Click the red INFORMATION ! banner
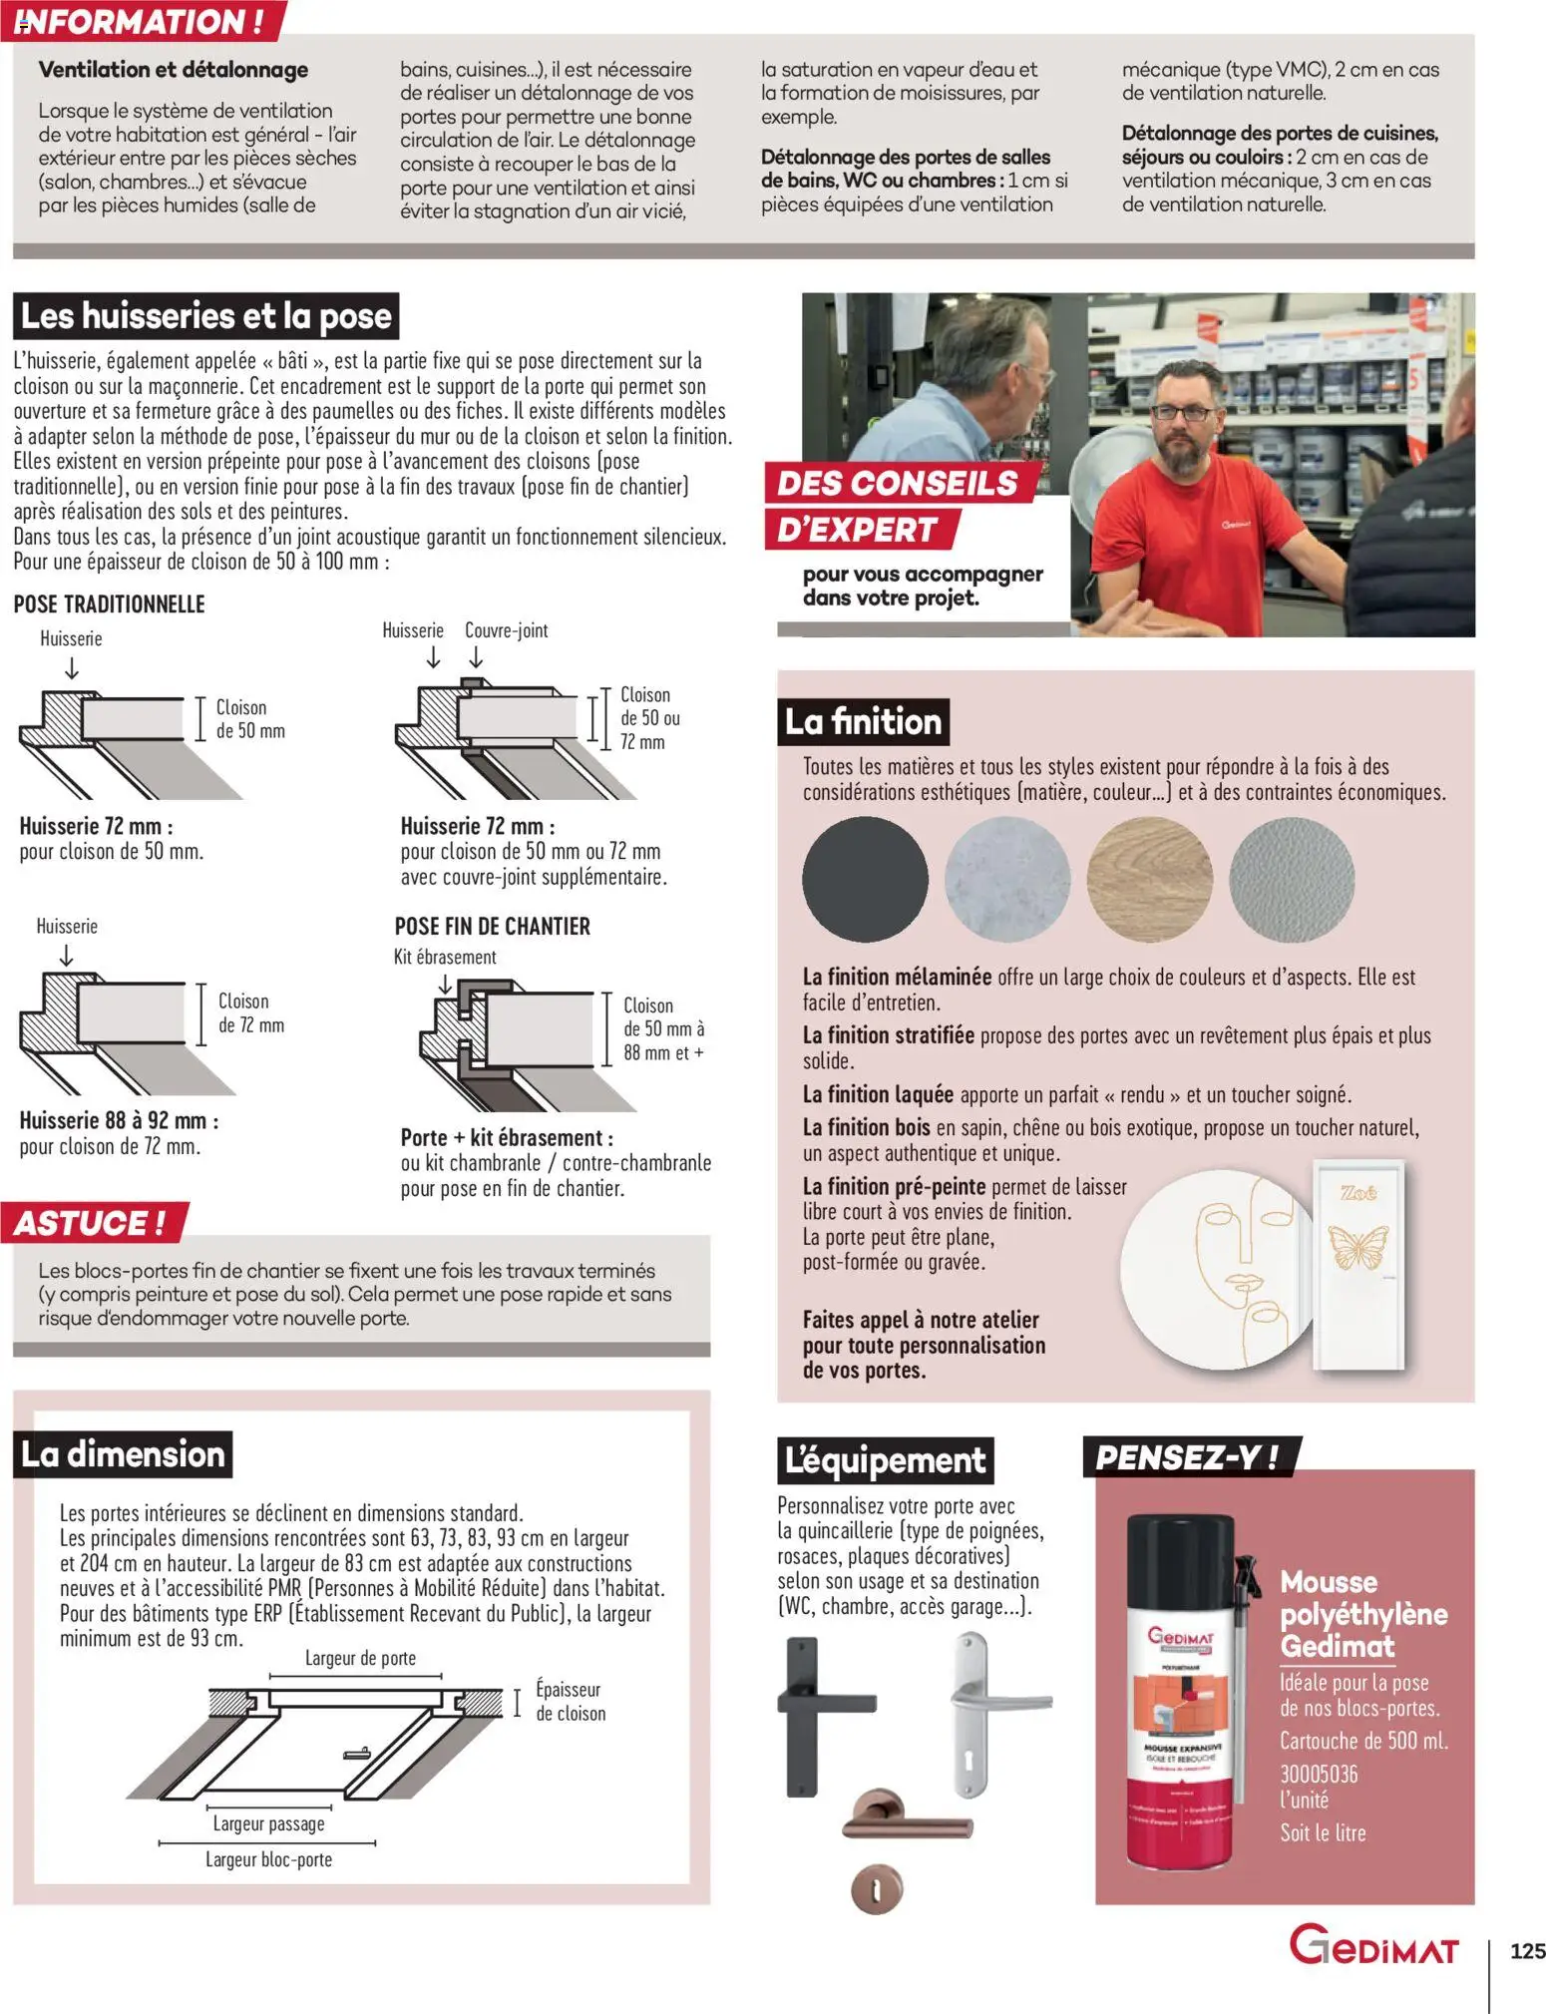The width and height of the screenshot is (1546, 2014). coord(140,21)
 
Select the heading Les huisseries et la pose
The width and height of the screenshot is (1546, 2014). coord(205,316)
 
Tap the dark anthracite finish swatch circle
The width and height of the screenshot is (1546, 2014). coord(865,878)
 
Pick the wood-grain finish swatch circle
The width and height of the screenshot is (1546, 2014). coord(1149,878)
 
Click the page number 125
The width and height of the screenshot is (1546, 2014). coord(1526,1950)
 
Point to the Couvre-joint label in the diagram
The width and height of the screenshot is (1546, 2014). coord(506,630)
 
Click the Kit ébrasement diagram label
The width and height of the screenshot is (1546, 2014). coord(445,957)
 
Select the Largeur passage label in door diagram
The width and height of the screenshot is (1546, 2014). coord(268,1823)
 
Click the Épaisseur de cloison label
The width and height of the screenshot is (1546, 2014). coord(570,1701)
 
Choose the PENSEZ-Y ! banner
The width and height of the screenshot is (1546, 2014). coord(1187,1457)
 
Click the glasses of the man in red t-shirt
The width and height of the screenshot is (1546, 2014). coord(1183,413)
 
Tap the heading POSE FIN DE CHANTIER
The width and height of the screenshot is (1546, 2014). coord(492,926)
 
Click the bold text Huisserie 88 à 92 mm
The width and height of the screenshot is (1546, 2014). coord(118,1120)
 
